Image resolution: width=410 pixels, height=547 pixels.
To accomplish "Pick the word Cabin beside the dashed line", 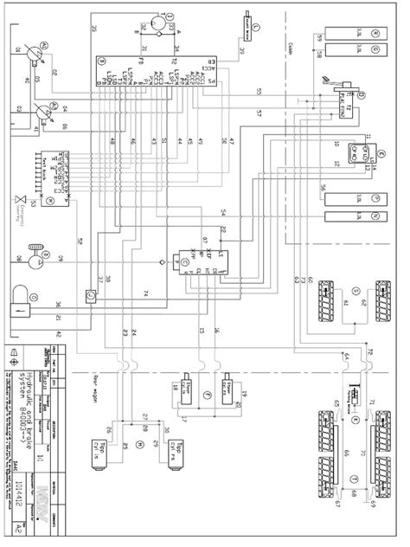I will tap(310, 49).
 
